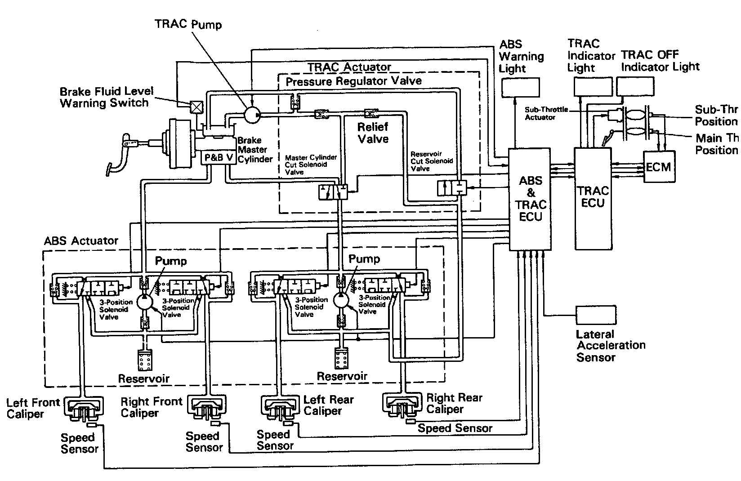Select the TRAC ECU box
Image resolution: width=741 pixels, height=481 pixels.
pos(593,198)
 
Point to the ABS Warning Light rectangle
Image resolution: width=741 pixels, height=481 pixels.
pos(520,87)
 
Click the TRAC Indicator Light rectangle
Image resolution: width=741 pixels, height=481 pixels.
pos(593,86)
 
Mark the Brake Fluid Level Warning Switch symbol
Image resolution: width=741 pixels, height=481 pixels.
pos(196,106)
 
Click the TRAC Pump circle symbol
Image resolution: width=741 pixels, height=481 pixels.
pos(252,115)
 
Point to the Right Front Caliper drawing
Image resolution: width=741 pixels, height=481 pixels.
pos(206,407)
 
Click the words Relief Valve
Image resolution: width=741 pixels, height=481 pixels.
pos(373,133)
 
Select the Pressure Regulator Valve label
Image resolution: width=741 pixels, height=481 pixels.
pos(354,81)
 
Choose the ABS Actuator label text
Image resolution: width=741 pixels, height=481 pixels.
pos(81,241)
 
